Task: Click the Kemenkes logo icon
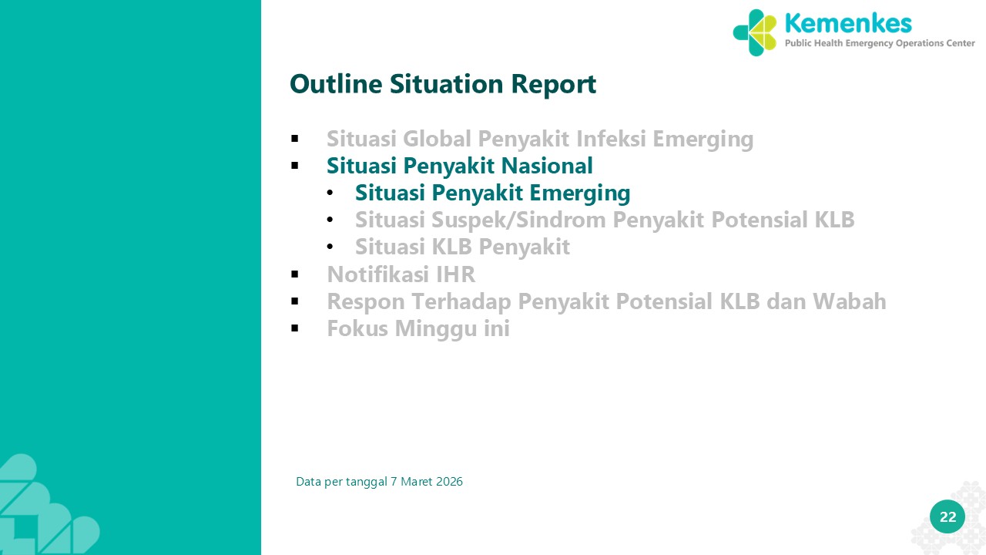click(x=754, y=33)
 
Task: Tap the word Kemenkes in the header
click(x=848, y=23)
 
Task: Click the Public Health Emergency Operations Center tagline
click(x=880, y=43)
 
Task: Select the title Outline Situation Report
click(x=443, y=84)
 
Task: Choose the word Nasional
click(x=547, y=166)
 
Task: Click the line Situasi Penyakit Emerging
click(x=492, y=193)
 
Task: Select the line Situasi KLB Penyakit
click(x=462, y=247)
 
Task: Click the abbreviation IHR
click(x=455, y=274)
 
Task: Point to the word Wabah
click(x=849, y=301)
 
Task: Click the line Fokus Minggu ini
click(x=418, y=328)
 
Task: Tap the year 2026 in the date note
click(x=449, y=482)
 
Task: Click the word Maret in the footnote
click(x=417, y=482)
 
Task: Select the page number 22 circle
click(x=947, y=516)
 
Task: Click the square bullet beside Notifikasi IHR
click(x=294, y=274)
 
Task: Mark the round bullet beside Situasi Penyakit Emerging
click(x=330, y=193)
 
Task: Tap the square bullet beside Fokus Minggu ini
click(x=294, y=328)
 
